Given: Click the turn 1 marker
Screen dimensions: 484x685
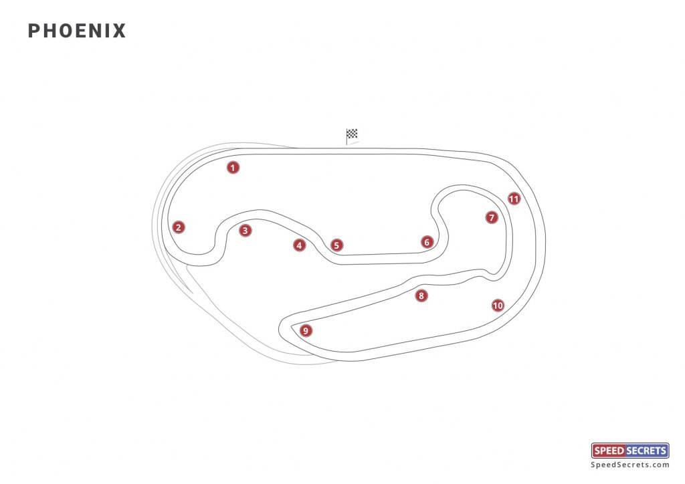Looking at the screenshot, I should coord(233,168).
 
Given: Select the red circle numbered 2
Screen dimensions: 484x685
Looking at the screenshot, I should coord(178,227).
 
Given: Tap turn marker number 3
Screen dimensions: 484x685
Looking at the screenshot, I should coord(246,231).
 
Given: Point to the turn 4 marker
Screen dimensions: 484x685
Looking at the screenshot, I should coord(299,245).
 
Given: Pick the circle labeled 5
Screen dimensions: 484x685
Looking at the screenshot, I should coord(336,245).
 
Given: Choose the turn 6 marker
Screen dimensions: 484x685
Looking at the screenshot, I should coord(427,242).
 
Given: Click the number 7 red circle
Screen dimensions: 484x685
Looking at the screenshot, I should coord(492,217).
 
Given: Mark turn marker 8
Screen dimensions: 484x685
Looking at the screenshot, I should coord(421,295).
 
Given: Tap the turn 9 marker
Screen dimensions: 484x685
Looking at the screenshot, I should coord(306,330).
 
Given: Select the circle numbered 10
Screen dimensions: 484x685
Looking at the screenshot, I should coord(497,306).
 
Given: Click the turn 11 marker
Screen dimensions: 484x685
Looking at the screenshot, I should coord(514,199).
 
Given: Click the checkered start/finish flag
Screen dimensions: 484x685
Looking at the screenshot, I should coord(352,135).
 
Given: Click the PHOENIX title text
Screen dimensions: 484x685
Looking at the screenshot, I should coord(77,31).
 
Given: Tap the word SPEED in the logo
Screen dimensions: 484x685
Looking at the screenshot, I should coord(607,451).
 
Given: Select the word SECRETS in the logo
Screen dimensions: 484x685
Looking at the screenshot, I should coord(645,451).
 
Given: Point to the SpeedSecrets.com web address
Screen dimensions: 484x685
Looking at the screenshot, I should coord(630,465).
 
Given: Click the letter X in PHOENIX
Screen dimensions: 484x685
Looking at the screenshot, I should coord(119,31).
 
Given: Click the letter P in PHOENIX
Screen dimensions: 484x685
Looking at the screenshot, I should coord(34,31).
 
